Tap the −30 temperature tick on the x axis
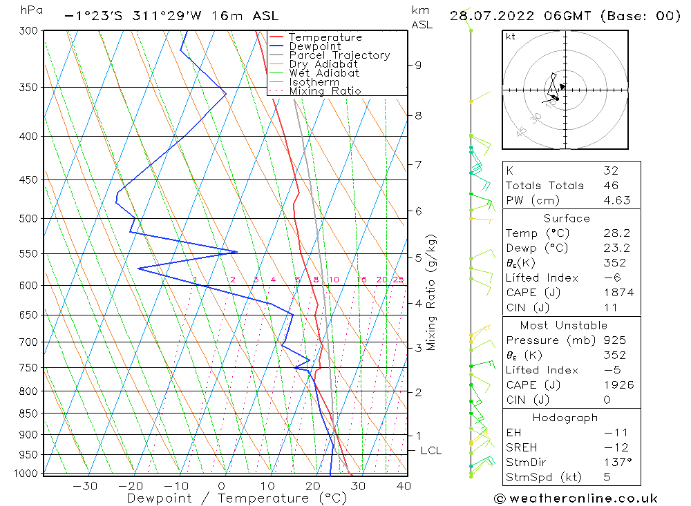(85, 486)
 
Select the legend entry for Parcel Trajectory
(339, 55)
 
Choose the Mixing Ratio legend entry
(325, 91)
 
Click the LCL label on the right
(430, 451)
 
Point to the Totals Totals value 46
(611, 186)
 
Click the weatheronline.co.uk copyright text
(575, 498)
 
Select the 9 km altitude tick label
(418, 66)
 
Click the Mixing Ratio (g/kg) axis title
(431, 292)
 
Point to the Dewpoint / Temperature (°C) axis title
(227, 498)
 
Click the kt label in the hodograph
(510, 37)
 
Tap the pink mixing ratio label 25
(398, 280)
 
